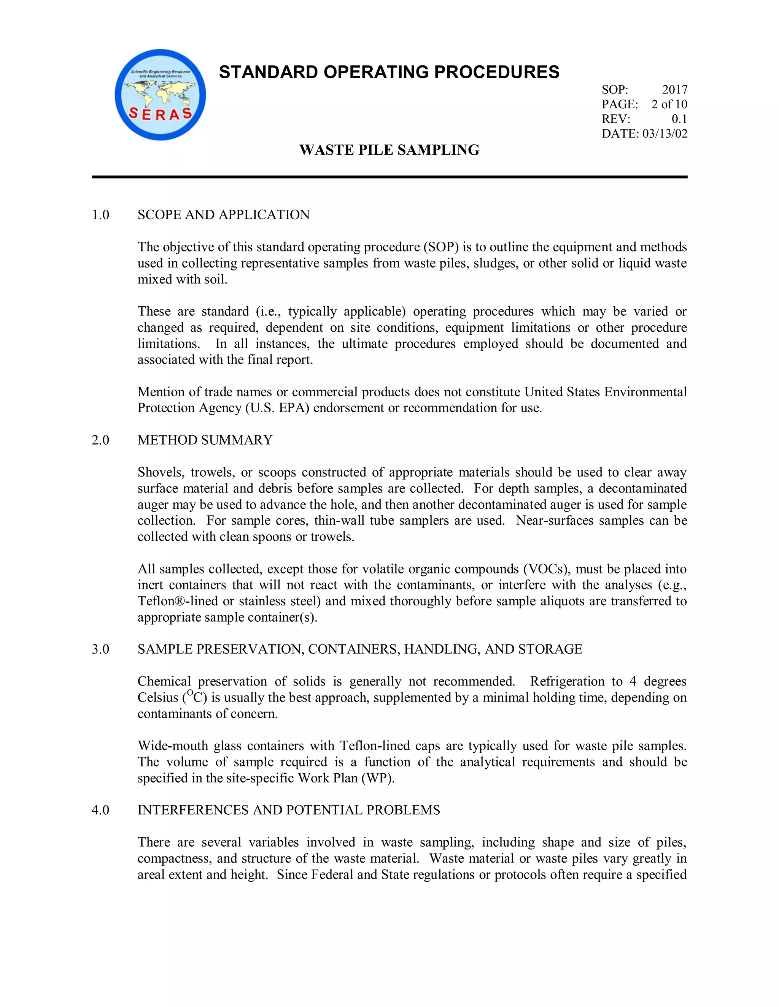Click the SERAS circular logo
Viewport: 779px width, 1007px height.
tap(160, 95)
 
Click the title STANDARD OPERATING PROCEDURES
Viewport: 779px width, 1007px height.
tap(389, 72)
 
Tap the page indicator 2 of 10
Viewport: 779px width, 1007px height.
tap(669, 104)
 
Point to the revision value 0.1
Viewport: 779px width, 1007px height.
tap(679, 119)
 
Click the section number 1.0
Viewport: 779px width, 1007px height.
tap(100, 215)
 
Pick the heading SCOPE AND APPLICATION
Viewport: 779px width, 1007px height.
tap(223, 215)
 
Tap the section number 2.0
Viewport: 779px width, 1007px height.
tap(100, 440)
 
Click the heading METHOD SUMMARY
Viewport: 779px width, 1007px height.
tap(205, 440)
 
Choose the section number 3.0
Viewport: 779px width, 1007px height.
tap(100, 649)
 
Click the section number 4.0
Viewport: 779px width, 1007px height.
tap(100, 810)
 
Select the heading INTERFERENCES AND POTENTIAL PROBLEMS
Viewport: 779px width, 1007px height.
tap(288, 810)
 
